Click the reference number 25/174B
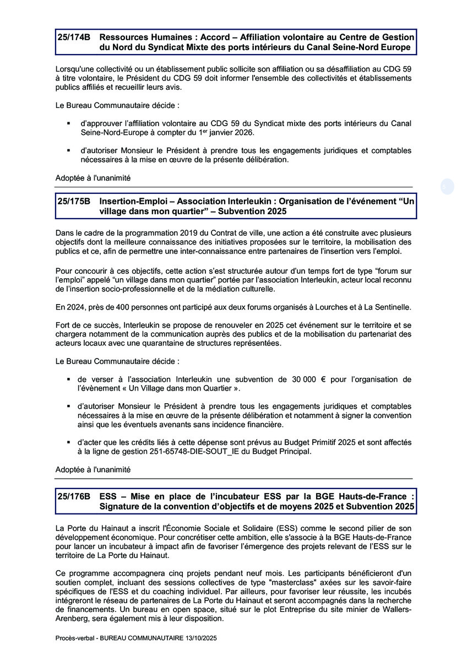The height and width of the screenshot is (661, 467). [74, 37]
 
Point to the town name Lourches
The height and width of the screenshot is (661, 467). [318, 307]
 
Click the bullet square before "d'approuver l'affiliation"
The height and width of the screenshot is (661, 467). [69, 123]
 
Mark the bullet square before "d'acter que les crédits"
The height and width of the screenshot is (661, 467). [69, 442]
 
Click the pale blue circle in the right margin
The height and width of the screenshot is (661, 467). [447, 186]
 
